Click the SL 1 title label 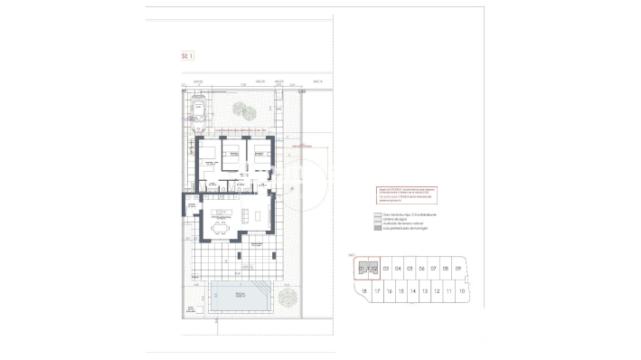click(x=187, y=55)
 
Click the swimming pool click(x=240, y=296)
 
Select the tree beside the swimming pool click(x=288, y=296)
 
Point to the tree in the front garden click(x=243, y=111)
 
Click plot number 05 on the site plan click(x=410, y=269)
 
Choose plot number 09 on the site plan click(x=458, y=269)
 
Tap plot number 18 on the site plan click(x=363, y=292)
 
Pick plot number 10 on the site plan click(x=462, y=292)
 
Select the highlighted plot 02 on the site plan click(x=373, y=269)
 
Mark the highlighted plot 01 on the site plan click(x=363, y=269)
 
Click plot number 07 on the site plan click(x=434, y=269)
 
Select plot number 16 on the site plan click(x=388, y=292)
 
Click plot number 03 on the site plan click(x=386, y=269)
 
